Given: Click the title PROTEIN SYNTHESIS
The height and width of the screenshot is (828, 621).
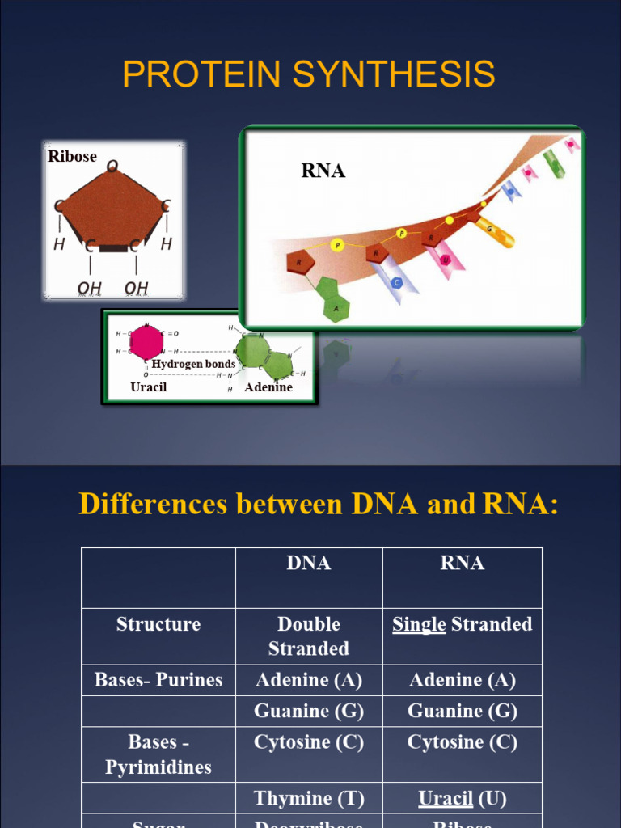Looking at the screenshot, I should coord(309,75).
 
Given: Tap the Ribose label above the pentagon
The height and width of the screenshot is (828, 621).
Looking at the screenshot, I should coord(72,157).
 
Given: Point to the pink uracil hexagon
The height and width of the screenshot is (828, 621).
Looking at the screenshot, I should coord(146,343).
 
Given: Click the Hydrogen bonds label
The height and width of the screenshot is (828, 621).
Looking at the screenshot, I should coord(193,364).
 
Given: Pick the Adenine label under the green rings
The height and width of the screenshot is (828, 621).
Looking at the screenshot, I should coord(268,387).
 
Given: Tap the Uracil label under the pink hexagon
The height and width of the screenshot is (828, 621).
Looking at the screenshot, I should coord(149,387).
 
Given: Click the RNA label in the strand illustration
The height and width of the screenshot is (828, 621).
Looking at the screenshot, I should coord(323,171).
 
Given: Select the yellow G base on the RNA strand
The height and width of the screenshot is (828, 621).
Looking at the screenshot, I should coord(493,232).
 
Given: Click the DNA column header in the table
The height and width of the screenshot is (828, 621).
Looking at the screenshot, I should coord(309,564).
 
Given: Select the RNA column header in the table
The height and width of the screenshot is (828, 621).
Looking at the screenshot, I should coord(463,564).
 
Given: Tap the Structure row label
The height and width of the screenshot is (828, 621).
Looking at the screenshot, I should coord(158,624).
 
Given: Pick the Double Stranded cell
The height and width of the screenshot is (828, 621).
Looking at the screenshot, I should coord(309,636).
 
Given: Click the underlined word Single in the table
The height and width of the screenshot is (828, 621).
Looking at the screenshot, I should coord(419,624).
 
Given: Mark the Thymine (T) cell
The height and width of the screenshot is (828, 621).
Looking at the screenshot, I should coord(309,799).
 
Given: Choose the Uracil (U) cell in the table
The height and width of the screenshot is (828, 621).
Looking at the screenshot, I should coord(463,799).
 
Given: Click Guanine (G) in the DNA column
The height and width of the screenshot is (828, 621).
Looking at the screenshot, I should coord(309,712).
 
